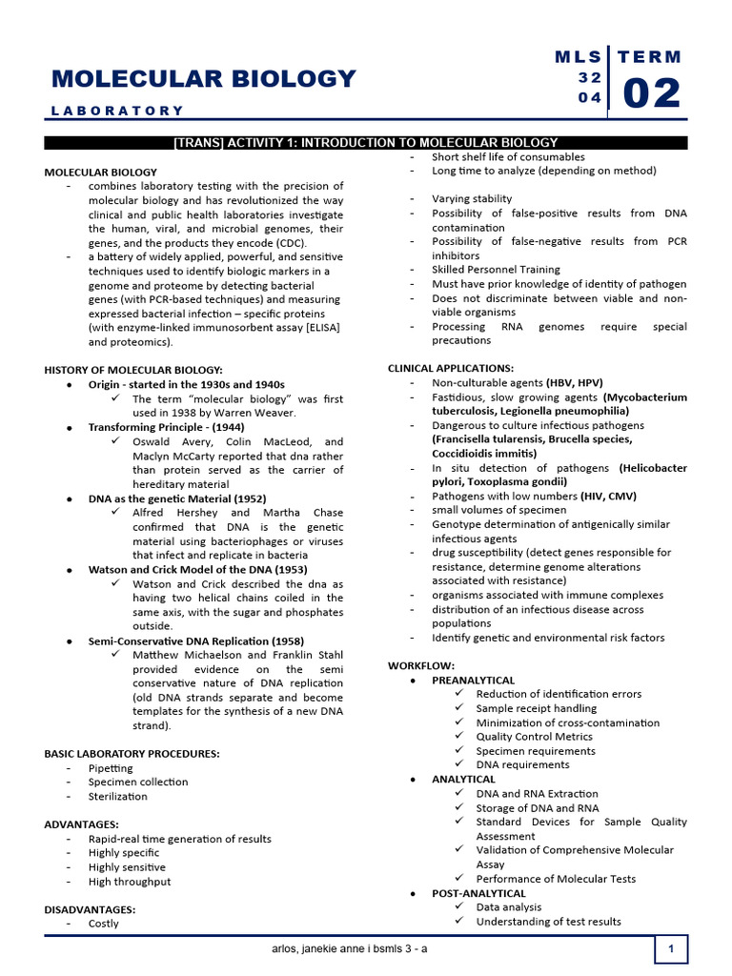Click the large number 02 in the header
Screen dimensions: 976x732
click(x=652, y=94)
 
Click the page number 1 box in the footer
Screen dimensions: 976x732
click(x=671, y=949)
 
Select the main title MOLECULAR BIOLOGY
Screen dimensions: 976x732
click(x=204, y=78)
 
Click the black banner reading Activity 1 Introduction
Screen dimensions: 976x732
click(x=366, y=143)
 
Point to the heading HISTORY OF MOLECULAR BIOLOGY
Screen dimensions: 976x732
click(x=133, y=370)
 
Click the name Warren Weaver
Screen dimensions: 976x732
click(x=261, y=413)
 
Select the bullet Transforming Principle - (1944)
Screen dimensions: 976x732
click(x=167, y=427)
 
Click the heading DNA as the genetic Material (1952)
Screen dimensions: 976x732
click(x=177, y=498)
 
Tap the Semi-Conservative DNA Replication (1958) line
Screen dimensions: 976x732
click(x=196, y=641)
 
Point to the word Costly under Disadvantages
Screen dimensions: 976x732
click(x=104, y=924)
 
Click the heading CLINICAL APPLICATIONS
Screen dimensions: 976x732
click(x=451, y=368)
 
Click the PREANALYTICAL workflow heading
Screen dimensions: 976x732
click(x=473, y=681)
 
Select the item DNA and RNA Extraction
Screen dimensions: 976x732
click(x=538, y=793)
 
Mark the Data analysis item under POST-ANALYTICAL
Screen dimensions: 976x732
click(x=509, y=907)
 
